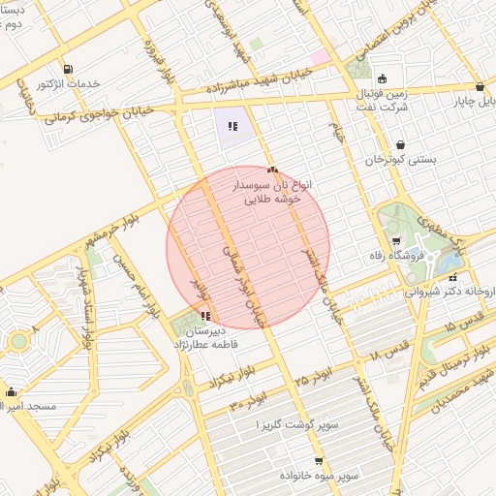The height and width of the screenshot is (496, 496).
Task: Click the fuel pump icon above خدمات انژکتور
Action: pos(67,70)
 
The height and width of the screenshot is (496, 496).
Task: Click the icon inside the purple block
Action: pos(232,126)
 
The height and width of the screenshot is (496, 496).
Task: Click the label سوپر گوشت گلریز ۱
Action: pos(296,425)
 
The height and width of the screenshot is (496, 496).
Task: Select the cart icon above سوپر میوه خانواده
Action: pos(319,461)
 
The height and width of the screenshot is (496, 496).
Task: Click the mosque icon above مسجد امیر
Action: pos(12,392)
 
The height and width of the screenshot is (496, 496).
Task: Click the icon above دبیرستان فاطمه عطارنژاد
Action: pos(205,316)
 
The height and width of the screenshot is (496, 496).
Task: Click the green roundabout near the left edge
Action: pos(19,341)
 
